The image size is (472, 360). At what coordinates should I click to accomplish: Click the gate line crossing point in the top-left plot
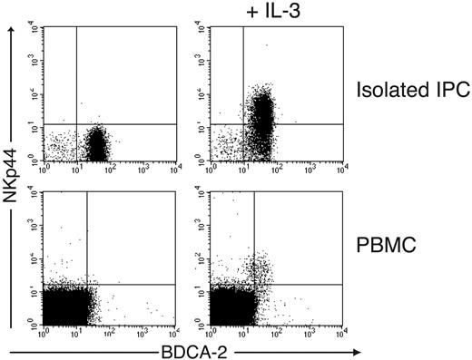(x=76, y=123)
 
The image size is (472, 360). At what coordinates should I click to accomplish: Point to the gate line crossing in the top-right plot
(x=244, y=123)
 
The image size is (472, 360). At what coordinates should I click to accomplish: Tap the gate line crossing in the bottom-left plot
(x=86, y=285)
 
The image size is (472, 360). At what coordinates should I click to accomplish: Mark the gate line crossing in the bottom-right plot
(x=253, y=285)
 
